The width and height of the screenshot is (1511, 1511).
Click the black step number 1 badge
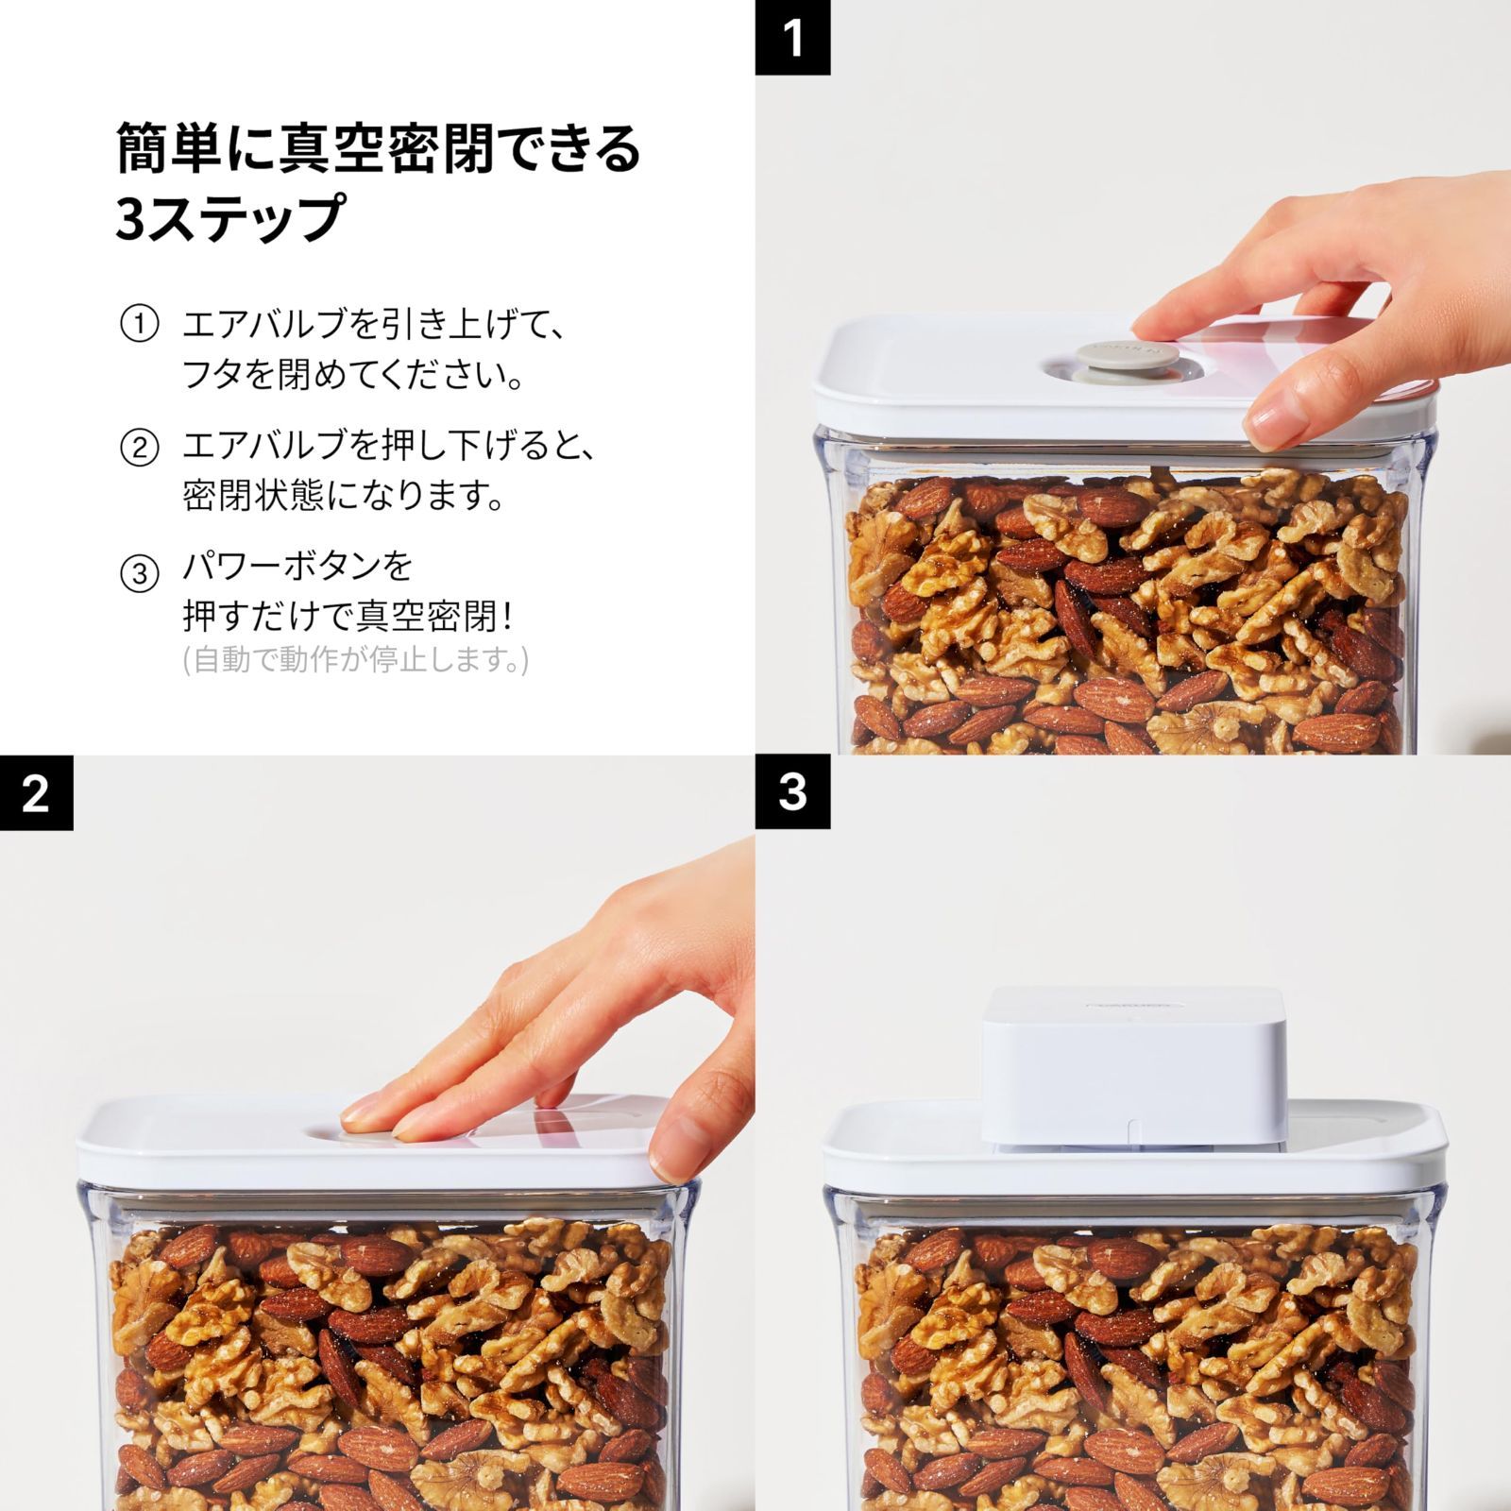point(792,37)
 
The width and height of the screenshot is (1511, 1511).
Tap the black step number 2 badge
point(36,792)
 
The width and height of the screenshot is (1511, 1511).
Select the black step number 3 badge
point(792,792)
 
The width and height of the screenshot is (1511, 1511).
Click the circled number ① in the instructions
point(139,326)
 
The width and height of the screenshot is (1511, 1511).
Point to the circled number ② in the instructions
point(139,447)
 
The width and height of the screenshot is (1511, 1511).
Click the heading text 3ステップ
point(229,218)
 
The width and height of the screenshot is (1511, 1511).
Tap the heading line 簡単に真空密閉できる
point(378,148)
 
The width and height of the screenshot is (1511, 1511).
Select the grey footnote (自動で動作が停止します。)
point(355,659)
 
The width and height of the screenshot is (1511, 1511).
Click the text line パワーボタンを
point(297,568)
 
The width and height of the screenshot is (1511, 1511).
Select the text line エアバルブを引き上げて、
point(375,326)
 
